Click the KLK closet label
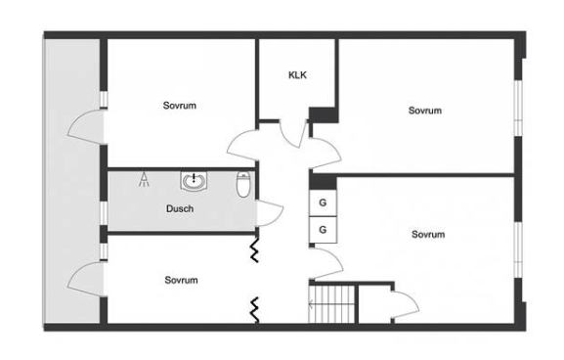click(x=297, y=75)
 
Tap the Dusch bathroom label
click(x=180, y=208)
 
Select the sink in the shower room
click(x=194, y=180)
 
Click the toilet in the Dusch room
click(x=243, y=184)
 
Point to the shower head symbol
click(x=144, y=180)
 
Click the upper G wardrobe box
click(x=323, y=202)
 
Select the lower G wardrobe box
click(x=323, y=230)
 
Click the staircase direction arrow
click(x=331, y=305)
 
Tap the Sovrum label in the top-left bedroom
click(x=180, y=106)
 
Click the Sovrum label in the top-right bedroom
click(x=425, y=111)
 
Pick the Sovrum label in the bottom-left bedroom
click(x=181, y=280)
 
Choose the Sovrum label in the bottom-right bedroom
click(x=428, y=235)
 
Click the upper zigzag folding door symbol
click(x=255, y=249)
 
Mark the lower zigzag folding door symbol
click(x=255, y=309)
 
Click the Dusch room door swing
click(x=271, y=212)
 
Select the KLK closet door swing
click(x=293, y=134)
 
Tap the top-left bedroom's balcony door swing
click(x=86, y=127)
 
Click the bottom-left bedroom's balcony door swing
click(x=86, y=279)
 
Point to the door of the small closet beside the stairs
click(x=406, y=304)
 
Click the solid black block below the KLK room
click(x=324, y=115)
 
